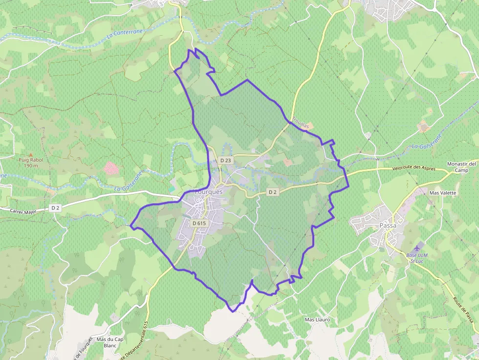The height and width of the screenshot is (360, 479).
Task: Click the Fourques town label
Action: pyautogui.click(x=209, y=192)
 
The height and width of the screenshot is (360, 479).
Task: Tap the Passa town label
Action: pyautogui.click(x=388, y=225)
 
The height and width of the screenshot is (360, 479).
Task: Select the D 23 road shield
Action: pyautogui.click(x=226, y=160)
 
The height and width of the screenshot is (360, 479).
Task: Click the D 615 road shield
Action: pyautogui.click(x=200, y=223)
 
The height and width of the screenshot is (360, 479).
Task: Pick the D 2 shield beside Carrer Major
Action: pyautogui.click(x=55, y=208)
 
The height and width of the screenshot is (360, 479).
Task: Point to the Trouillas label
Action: pyautogui.click(x=301, y=123)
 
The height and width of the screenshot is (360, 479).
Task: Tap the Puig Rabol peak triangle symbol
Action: pyautogui.click(x=30, y=154)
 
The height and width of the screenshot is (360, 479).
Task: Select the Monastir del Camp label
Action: pyautogui.click(x=461, y=167)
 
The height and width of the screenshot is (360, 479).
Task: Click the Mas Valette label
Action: pyautogui.click(x=442, y=192)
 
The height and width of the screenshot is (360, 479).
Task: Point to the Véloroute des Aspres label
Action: pyautogui.click(x=413, y=168)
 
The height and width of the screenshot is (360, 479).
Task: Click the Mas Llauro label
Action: pyautogui.click(x=317, y=319)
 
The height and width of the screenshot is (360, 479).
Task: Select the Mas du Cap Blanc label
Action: pyautogui.click(x=110, y=341)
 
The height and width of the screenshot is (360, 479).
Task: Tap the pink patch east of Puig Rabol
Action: pyautogui.click(x=111, y=169)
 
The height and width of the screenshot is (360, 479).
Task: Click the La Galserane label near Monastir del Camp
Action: pyautogui.click(x=427, y=141)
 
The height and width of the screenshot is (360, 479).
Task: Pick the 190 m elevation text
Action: pyautogui.click(x=30, y=166)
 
